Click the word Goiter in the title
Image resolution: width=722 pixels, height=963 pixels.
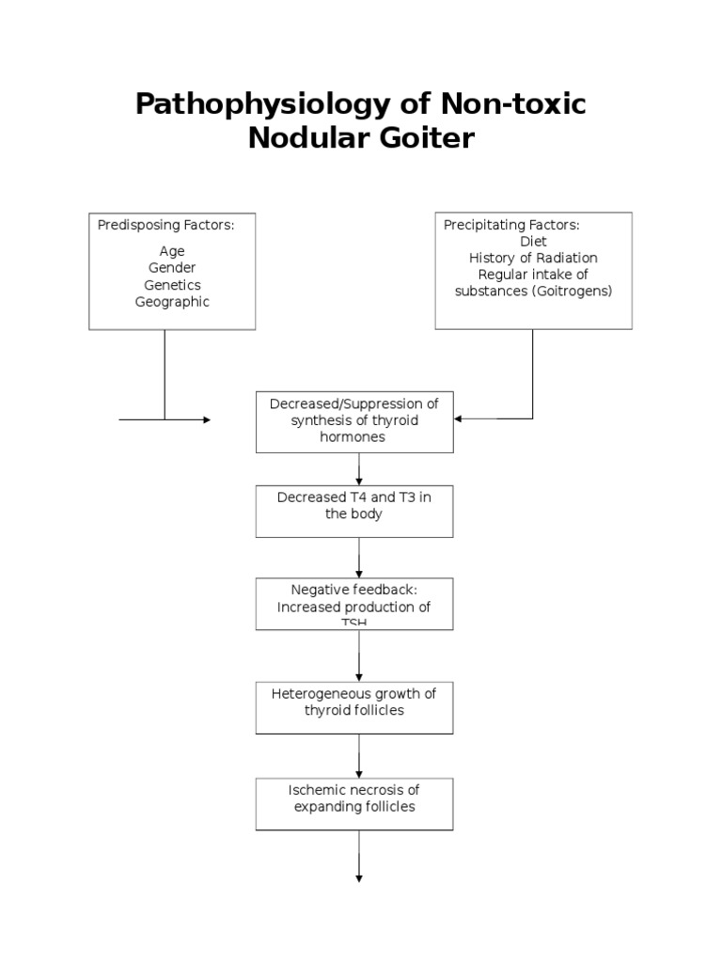pyautogui.click(x=428, y=138)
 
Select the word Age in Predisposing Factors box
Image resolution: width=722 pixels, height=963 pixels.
pyautogui.click(x=172, y=251)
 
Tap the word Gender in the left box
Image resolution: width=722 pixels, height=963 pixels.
pyautogui.click(x=172, y=268)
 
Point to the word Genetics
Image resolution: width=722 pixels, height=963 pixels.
pyautogui.click(x=172, y=285)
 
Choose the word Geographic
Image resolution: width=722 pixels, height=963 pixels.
pyautogui.click(x=172, y=302)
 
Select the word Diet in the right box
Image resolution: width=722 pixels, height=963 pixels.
pyautogui.click(x=533, y=242)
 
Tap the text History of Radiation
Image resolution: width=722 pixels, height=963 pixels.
pyautogui.click(x=533, y=258)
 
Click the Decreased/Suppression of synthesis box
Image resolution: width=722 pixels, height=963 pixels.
pyautogui.click(x=354, y=420)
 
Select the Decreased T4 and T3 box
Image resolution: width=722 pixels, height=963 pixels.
pyautogui.click(x=354, y=511)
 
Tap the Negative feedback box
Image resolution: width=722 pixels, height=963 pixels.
pyautogui.click(x=354, y=603)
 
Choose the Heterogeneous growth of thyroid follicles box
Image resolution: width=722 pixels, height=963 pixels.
pyautogui.click(x=354, y=707)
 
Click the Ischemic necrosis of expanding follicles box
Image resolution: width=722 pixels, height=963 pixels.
pyautogui.click(x=354, y=803)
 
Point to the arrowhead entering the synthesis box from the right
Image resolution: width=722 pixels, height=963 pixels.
pyautogui.click(x=459, y=419)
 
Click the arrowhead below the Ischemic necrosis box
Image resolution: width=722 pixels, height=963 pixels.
pyautogui.click(x=359, y=877)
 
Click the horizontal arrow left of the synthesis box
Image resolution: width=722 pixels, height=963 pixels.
pyautogui.click(x=165, y=420)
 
